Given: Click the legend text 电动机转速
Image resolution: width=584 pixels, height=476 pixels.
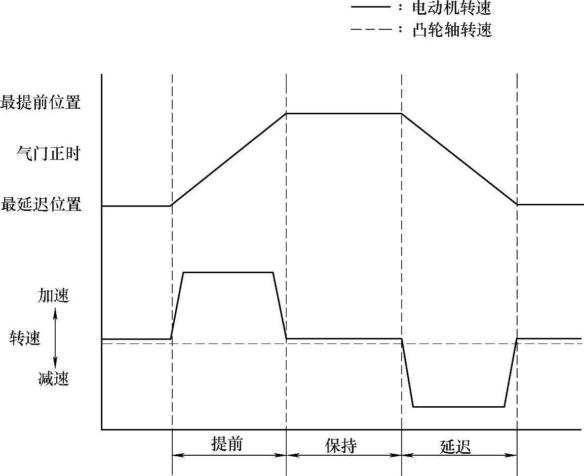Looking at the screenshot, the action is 452,8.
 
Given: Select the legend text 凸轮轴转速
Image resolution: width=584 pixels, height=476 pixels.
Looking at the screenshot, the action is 452,30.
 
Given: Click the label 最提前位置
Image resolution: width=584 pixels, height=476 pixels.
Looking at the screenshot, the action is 41,103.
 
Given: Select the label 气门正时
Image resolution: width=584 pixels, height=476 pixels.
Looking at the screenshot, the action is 49,153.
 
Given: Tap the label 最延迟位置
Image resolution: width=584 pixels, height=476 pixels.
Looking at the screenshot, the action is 41,205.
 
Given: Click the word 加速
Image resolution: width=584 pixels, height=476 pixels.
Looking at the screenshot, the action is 54,296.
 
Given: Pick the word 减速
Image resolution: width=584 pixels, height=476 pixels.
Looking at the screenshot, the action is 54,378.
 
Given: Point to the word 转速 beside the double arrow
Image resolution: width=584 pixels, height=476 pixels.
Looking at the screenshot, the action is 25,338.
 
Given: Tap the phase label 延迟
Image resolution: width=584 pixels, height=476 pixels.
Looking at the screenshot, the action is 455,446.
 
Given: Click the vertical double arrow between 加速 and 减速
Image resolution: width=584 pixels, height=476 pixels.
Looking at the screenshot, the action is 56,337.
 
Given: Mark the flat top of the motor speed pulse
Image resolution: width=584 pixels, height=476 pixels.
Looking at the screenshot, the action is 228,273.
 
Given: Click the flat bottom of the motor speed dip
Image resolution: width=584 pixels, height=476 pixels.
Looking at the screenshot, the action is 459,406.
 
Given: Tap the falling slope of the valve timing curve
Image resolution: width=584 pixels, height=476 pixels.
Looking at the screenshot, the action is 459,159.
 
